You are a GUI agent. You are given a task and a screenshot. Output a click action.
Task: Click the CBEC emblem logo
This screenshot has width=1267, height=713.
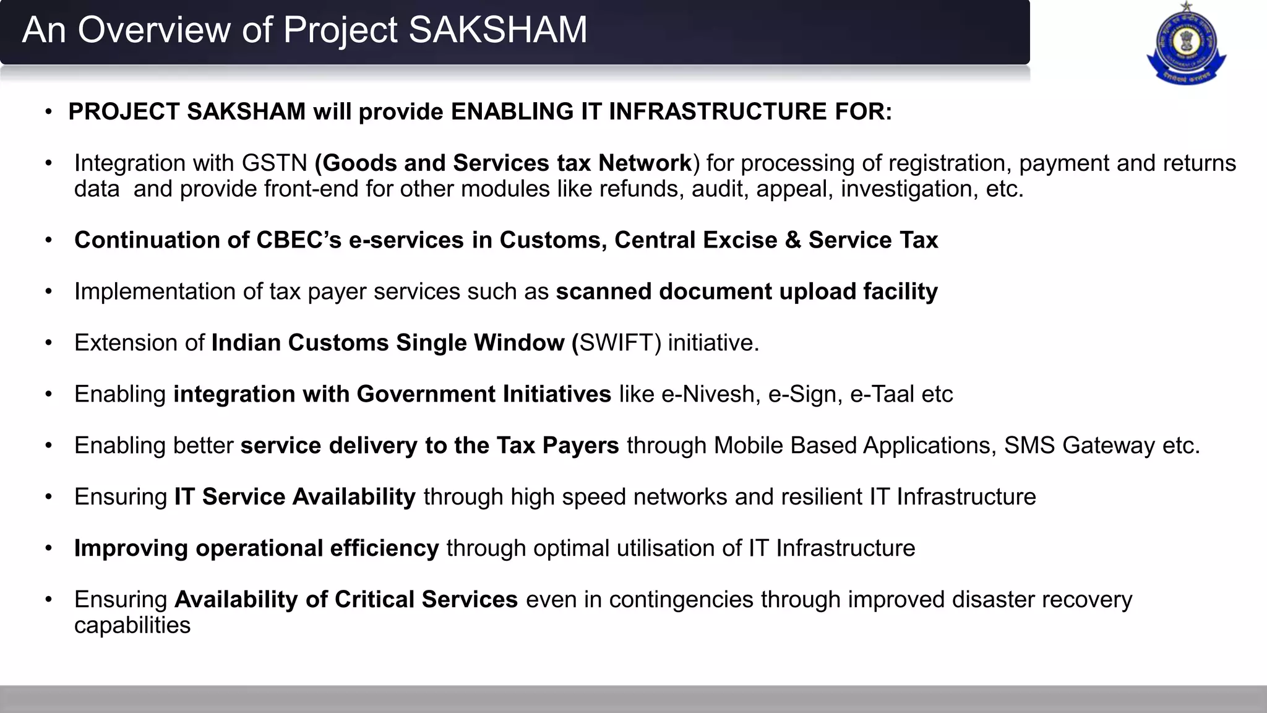(x=1186, y=44)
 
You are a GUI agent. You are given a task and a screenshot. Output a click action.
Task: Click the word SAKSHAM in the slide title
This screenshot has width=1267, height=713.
(x=497, y=30)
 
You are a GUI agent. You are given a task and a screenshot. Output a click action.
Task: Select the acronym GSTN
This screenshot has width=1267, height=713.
(x=274, y=163)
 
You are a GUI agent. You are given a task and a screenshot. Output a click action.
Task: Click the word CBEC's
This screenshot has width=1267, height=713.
(x=299, y=240)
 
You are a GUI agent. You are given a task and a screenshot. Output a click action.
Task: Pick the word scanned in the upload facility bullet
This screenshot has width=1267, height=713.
(x=603, y=292)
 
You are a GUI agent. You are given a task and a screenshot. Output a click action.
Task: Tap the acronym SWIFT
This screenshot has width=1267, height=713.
(x=619, y=343)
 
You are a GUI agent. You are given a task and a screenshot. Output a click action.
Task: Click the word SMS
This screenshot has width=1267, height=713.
(x=1029, y=446)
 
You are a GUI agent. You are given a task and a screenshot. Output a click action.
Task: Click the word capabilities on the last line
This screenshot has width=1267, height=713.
(x=132, y=626)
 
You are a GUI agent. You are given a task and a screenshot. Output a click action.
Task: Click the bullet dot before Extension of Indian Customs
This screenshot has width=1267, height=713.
(x=48, y=343)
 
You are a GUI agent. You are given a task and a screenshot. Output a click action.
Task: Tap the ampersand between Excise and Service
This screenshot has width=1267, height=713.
(x=792, y=240)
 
